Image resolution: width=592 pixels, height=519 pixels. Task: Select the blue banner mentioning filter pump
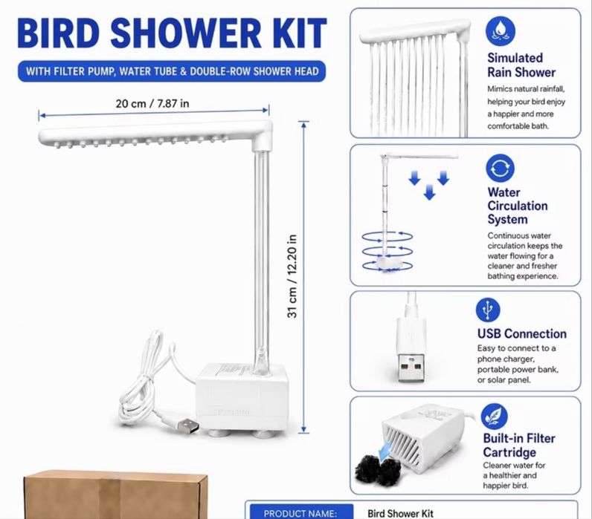point(172,71)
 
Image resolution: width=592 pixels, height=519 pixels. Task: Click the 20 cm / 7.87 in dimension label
point(152,103)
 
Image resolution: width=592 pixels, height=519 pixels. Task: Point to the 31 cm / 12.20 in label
point(292,276)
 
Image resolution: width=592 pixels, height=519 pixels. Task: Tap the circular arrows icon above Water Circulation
point(501,168)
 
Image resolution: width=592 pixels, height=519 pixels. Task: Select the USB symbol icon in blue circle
point(488,310)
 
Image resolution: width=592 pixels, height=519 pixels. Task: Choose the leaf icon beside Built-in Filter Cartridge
point(495,417)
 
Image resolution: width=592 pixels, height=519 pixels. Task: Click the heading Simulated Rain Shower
point(521,65)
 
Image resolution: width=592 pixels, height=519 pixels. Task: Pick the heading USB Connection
point(522,333)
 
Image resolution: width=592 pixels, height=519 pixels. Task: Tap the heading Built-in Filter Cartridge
point(519,445)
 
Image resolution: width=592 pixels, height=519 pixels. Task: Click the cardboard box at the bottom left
point(115,494)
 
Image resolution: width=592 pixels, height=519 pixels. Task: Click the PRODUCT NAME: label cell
point(300,513)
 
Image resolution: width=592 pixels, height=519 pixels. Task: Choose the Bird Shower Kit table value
point(400,513)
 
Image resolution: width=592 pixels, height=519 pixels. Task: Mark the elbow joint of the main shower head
point(262,137)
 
